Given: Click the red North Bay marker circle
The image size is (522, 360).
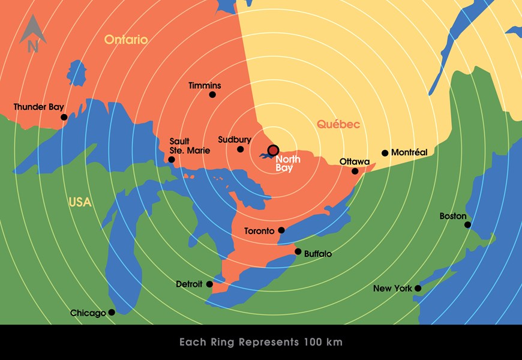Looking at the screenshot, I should (274, 150).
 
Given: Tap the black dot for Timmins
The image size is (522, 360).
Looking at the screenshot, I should (212, 95).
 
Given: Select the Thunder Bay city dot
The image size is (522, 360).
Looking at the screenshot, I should (64, 118).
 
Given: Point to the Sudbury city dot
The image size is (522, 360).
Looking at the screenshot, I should (241, 149).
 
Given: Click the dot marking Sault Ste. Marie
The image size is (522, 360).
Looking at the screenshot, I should (172, 160).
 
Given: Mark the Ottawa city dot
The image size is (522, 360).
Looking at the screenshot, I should (355, 171).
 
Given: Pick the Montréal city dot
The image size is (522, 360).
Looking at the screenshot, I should (385, 153).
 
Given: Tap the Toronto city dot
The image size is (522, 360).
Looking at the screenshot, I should (281, 230).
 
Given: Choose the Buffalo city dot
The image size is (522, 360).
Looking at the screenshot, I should (298, 251).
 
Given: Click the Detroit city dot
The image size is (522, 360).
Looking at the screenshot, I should (209, 284).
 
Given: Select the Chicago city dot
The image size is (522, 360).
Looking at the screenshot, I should (112, 312).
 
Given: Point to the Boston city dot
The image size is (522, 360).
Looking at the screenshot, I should (468, 225).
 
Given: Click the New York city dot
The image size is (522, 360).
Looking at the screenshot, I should (418, 289).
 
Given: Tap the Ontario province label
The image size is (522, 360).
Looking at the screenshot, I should (126, 40).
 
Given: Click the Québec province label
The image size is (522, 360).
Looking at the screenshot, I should (338, 125).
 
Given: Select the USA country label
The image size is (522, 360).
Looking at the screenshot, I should (80, 203).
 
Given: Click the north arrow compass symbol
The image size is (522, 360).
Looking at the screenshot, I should (32, 34).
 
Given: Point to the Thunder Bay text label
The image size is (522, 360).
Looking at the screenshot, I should (38, 107).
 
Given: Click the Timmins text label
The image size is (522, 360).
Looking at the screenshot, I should (205, 86).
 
